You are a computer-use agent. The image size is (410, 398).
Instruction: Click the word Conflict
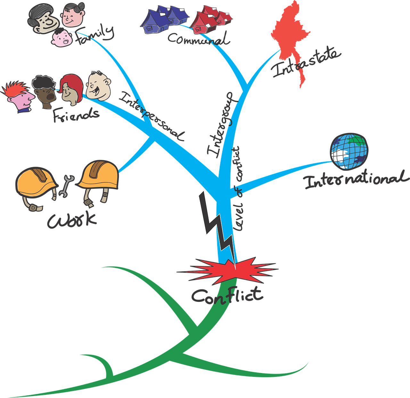[x=227, y=295]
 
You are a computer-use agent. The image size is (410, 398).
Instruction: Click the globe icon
[x=349, y=151]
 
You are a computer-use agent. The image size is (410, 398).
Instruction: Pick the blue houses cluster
[x=163, y=19]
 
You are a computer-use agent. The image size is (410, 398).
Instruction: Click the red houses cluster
[x=210, y=19]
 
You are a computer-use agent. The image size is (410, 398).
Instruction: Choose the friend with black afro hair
[x=45, y=91]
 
